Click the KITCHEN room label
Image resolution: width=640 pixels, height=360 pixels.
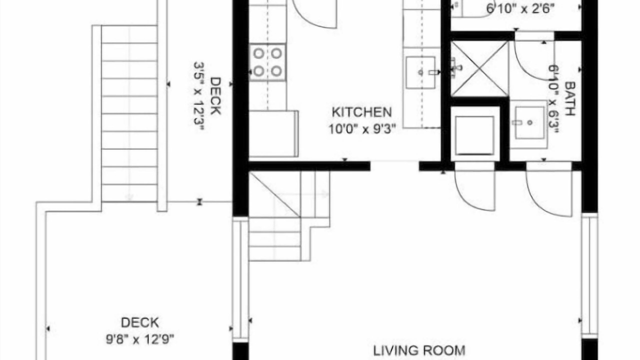tap(361, 112)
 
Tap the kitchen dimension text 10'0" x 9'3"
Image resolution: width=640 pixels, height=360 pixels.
tap(362, 129)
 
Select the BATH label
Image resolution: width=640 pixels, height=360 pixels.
tap(570, 98)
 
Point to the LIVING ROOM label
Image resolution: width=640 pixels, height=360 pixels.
tap(419, 350)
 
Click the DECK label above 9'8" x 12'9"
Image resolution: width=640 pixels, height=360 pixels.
tap(139, 322)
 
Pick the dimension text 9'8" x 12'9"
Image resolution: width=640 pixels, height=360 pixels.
tap(140, 339)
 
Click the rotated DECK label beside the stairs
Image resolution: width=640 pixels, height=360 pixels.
tap(215, 96)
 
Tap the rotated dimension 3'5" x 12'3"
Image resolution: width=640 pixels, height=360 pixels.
tap(199, 96)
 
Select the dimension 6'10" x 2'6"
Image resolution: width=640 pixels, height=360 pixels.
tap(520, 9)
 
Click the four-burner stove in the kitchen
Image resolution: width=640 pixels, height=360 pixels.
tap(267, 62)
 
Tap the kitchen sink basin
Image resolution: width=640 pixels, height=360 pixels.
tap(421, 72)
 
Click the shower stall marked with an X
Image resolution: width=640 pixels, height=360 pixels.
tap(479, 68)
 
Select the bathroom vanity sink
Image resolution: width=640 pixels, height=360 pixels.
tap(529, 123)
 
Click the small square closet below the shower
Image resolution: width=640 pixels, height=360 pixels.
tap(475, 135)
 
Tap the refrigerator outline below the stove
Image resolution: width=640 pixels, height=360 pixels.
tap(273, 133)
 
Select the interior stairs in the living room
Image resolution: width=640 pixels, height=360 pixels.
tap(288, 216)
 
